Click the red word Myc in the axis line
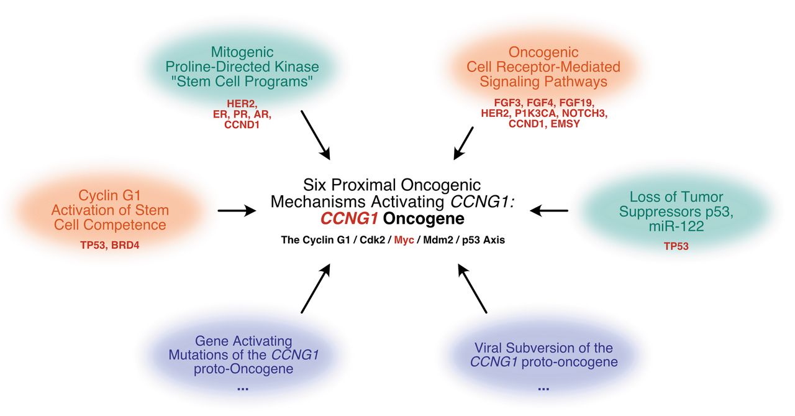click(404, 240)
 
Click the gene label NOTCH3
click(584, 113)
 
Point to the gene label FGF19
click(576, 103)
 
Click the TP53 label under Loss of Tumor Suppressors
click(676, 246)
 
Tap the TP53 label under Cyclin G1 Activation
click(93, 245)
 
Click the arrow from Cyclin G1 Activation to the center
click(237, 211)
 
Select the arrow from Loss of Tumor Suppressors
click(549, 211)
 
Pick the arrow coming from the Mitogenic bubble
click(316, 135)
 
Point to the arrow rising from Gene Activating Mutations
click(316, 288)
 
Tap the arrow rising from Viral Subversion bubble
click(473, 288)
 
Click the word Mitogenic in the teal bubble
click(242, 52)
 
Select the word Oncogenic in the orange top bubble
click(543, 52)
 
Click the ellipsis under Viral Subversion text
click(543, 389)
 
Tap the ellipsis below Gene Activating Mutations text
click(243, 389)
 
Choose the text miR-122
click(676, 226)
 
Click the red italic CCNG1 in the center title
click(349, 218)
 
